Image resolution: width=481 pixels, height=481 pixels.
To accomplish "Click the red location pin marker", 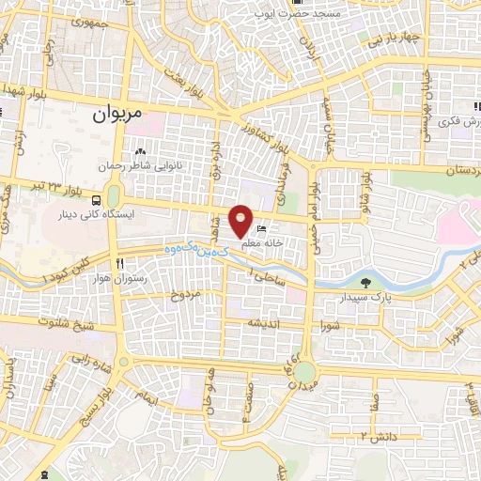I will pyautogui.click(x=242, y=221).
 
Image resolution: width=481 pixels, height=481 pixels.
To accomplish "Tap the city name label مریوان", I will pyautogui.click(x=119, y=115).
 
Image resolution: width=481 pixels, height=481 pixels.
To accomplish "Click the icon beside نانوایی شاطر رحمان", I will pyautogui.click(x=140, y=150).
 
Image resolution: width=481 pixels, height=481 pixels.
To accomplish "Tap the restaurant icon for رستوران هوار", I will pyautogui.click(x=120, y=264).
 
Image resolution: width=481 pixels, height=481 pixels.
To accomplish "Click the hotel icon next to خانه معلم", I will pyautogui.click(x=263, y=228).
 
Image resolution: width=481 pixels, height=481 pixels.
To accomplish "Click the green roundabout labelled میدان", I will pyautogui.click(x=303, y=377).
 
